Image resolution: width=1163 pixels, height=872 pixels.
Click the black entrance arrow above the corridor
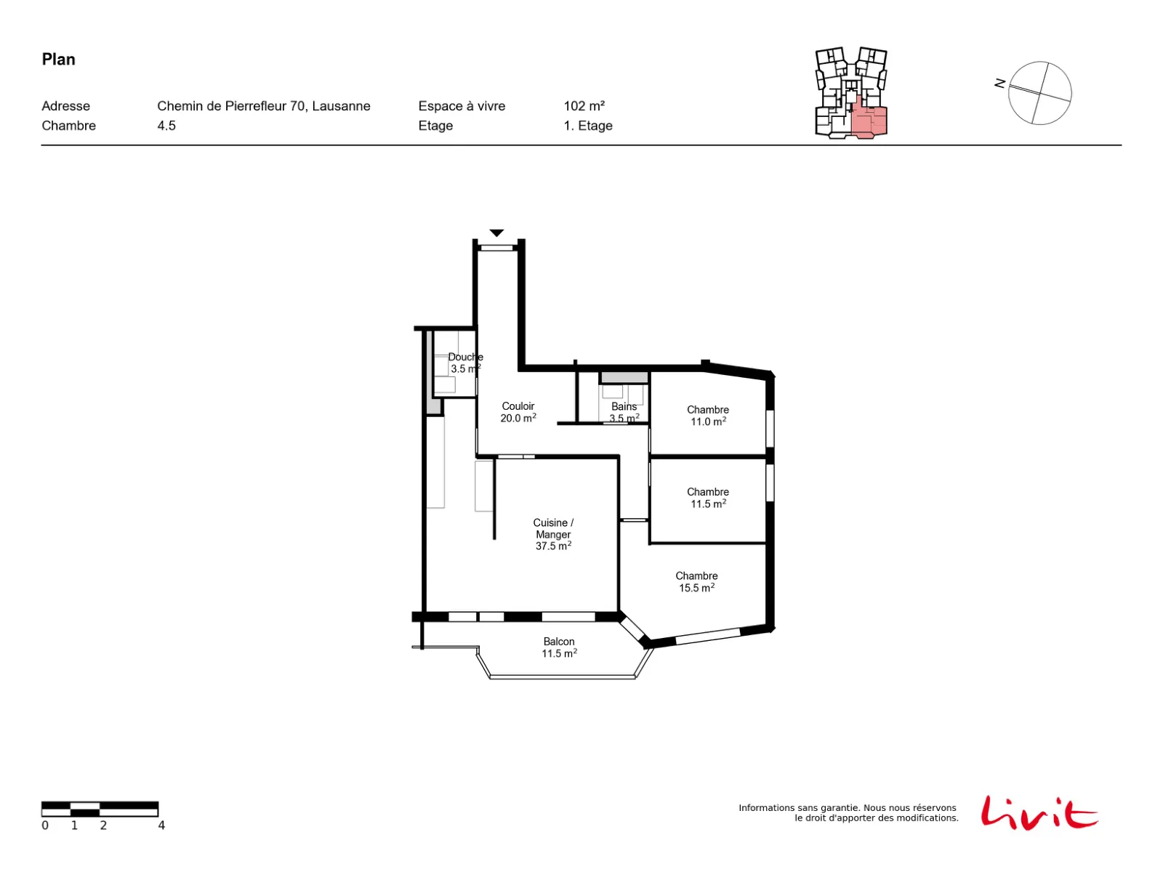tap(496, 233)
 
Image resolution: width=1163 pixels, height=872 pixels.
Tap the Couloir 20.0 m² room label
tap(518, 412)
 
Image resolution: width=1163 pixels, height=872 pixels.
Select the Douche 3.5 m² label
tap(465, 363)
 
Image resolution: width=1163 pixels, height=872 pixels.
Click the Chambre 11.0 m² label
tap(708, 416)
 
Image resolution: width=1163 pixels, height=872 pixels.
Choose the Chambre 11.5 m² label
tap(708, 498)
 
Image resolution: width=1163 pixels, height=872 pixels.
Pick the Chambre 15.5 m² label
tap(696, 581)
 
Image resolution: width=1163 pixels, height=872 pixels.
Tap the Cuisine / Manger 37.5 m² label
tap(553, 534)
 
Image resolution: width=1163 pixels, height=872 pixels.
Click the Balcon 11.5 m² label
tap(559, 647)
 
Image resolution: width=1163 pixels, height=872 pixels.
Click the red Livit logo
tap(1039, 813)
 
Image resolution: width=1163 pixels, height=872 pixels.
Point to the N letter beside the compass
tap(999, 83)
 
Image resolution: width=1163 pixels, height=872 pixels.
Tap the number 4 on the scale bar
tap(161, 825)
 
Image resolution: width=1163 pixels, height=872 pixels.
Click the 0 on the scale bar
tap(45, 825)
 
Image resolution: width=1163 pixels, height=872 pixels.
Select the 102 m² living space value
tap(584, 106)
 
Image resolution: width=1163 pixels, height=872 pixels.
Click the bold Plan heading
tap(58, 60)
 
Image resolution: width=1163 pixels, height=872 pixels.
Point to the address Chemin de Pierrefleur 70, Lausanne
tap(263, 106)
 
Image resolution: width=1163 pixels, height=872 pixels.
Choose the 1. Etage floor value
tap(587, 126)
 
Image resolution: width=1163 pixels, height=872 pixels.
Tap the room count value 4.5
tap(166, 126)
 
